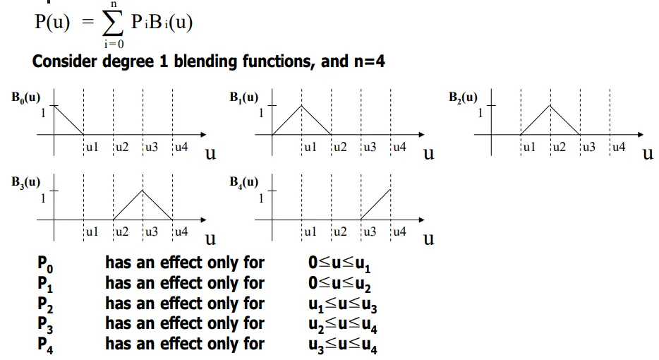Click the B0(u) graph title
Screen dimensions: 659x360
(x=25, y=97)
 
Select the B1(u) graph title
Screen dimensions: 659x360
(x=244, y=97)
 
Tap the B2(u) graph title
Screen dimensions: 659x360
(x=463, y=97)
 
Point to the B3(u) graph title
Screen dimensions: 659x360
(x=25, y=181)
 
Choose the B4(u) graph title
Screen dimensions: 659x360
(x=244, y=181)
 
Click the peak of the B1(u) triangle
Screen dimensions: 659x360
(x=302, y=106)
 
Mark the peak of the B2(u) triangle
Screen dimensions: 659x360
(x=550, y=106)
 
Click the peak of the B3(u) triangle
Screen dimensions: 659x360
(x=143, y=191)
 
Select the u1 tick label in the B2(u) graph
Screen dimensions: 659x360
(x=529, y=148)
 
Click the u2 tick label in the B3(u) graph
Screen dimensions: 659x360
(x=121, y=232)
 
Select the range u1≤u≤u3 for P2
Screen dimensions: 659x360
(x=344, y=305)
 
